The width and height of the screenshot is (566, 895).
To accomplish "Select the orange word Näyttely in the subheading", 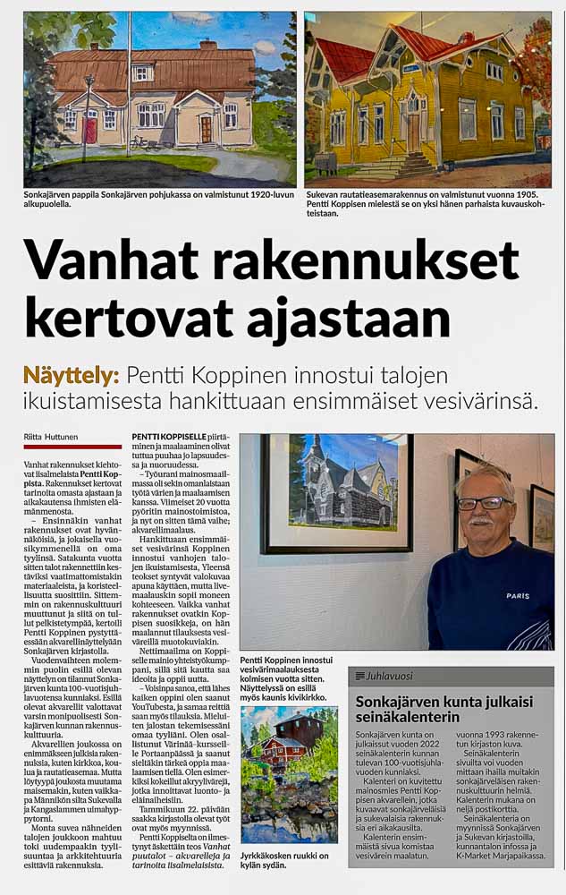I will tap(73, 376).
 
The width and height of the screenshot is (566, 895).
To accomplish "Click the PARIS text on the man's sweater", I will tap(518, 595).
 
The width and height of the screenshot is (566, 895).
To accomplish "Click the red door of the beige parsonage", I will tap(90, 130).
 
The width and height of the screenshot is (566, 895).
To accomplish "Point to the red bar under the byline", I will tap(72, 447).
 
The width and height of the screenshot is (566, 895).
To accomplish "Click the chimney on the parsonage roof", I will tap(207, 44).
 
